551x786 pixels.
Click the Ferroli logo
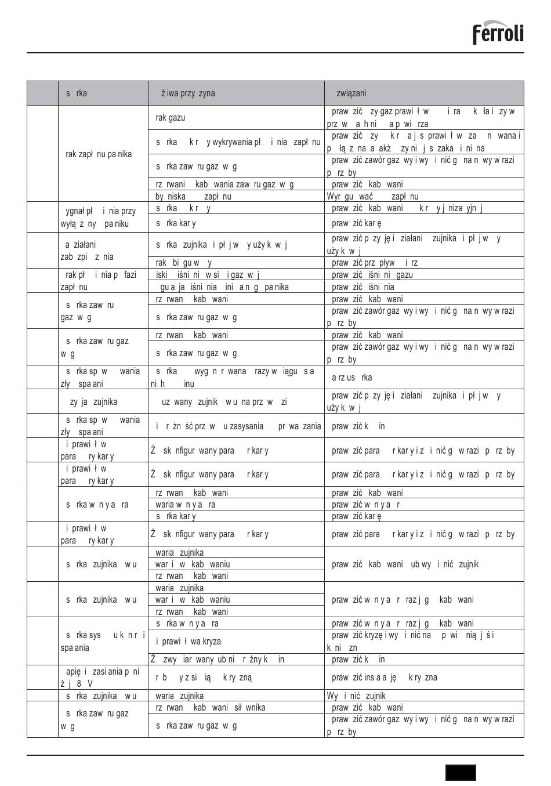(x=498, y=33)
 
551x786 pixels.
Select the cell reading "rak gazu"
(x=171, y=118)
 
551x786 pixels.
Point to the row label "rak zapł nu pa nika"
(x=99, y=154)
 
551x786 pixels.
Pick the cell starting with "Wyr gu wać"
(x=372, y=197)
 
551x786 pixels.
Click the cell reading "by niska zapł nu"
(x=193, y=197)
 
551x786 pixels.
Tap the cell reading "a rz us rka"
(x=351, y=378)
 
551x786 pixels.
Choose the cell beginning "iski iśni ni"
(x=207, y=275)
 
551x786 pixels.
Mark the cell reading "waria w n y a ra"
(x=186, y=505)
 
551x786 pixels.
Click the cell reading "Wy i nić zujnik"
(x=356, y=696)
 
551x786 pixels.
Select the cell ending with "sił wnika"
(x=210, y=708)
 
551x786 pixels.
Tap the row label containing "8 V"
(x=100, y=678)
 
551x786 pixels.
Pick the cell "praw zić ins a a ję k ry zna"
(x=384, y=678)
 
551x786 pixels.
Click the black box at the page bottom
(x=461, y=773)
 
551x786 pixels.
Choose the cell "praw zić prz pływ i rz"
(x=375, y=263)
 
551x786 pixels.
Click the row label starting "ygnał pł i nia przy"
(x=97, y=218)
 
